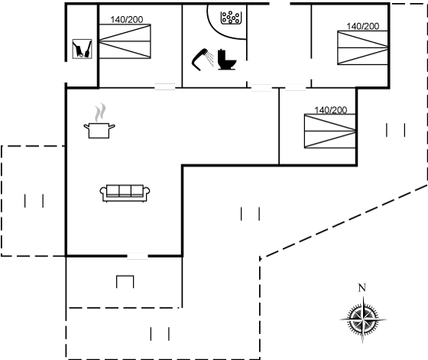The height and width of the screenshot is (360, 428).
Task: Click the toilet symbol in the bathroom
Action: coord(227,60)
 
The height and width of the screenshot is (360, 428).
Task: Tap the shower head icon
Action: coord(203,60)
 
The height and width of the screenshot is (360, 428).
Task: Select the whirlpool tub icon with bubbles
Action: coord(231,18)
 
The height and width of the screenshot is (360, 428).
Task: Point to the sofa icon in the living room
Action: coord(125,193)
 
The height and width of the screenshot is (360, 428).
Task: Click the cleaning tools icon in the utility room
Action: coord(82,49)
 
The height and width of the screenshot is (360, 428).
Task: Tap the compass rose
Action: coord(363,319)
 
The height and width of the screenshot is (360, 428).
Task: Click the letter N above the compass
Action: coord(362,287)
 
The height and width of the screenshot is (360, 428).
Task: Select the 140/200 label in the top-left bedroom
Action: coord(127,20)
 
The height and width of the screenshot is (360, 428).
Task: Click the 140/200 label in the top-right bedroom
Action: coord(363,26)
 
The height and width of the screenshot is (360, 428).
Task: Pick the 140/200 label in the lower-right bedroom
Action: coord(331,110)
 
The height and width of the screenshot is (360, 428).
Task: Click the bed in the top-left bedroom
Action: coord(125,41)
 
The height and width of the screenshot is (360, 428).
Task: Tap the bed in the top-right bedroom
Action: coord(363,47)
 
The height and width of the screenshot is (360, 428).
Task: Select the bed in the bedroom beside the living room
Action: coord(330,131)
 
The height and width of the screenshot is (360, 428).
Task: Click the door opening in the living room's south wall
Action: coord(138,256)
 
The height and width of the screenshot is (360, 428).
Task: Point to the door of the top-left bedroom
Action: coord(165,87)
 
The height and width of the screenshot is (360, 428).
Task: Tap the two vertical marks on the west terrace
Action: coord(34,201)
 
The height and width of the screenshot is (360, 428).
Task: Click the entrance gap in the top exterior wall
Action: coord(280,4)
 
